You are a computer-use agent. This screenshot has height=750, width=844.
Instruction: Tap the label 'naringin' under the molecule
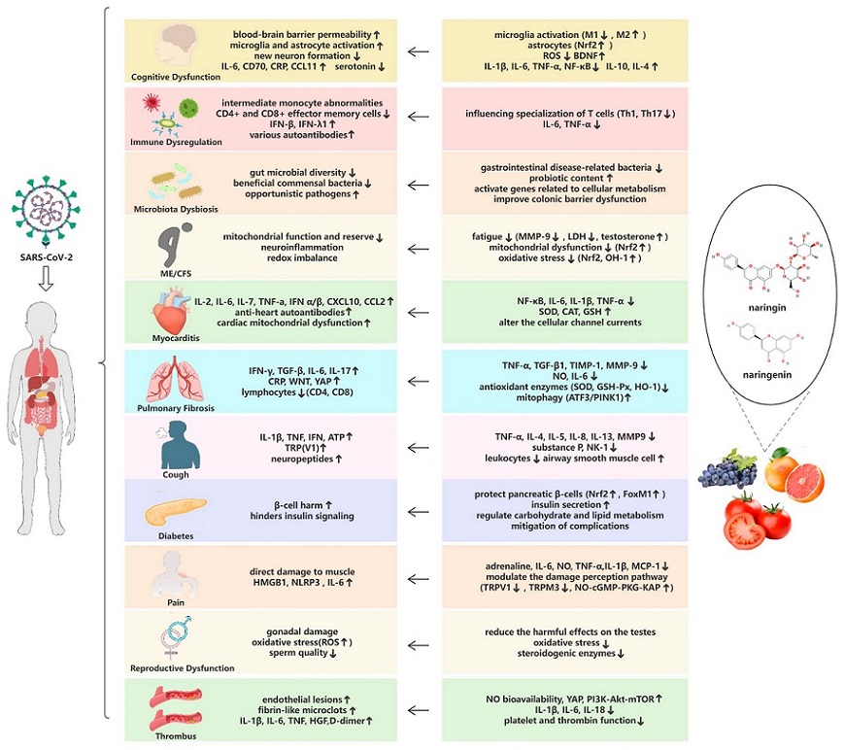click(767, 308)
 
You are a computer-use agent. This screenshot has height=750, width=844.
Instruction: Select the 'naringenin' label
click(767, 375)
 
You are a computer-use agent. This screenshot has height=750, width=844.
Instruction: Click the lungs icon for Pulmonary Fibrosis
click(175, 379)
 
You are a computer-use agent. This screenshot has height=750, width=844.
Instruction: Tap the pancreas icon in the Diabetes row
click(175, 511)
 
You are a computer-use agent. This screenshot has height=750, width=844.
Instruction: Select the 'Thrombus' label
click(176, 736)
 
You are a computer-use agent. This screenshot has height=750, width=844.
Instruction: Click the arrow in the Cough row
click(419, 448)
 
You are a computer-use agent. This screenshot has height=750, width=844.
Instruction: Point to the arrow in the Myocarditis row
click(419, 312)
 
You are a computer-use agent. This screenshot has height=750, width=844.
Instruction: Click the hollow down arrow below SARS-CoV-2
click(46, 280)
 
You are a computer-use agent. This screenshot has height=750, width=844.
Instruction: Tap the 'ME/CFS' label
click(176, 274)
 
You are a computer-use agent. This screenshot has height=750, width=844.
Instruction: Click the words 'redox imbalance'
click(302, 257)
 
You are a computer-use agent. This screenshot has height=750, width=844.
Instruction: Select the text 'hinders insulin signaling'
click(302, 516)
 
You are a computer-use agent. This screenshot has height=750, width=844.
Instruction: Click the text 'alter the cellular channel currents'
click(570, 323)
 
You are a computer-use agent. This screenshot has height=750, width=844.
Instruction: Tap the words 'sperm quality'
click(302, 653)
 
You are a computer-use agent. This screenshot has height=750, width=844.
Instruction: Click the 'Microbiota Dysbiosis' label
click(176, 209)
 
